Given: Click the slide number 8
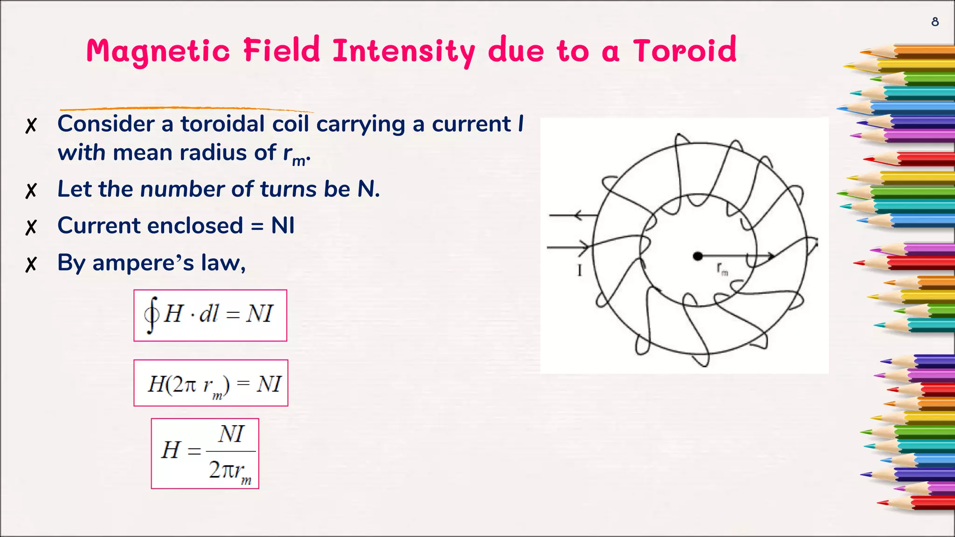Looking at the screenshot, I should pyautogui.click(x=934, y=22).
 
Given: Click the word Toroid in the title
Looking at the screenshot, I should pyautogui.click(x=684, y=50).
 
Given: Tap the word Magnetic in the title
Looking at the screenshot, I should pyautogui.click(x=158, y=51).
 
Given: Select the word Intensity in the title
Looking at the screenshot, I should pyautogui.click(x=404, y=51).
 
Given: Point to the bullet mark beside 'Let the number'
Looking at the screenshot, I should pyautogui.click(x=31, y=191).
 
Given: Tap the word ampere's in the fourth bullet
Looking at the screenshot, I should pyautogui.click(x=143, y=263).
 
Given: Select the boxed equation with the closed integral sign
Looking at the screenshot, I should pyautogui.click(x=210, y=316).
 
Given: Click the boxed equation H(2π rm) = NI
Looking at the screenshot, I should pyautogui.click(x=211, y=383).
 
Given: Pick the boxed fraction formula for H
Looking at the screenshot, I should pyautogui.click(x=205, y=454).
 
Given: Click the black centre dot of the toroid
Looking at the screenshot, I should pyautogui.click(x=698, y=256).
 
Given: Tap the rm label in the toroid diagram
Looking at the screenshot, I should pyautogui.click(x=722, y=269).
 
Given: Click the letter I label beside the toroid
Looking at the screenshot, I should pyautogui.click(x=580, y=270).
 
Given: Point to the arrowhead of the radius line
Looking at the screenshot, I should pyautogui.click(x=771, y=256).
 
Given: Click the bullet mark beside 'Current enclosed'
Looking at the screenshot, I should pyautogui.click(x=31, y=227).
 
